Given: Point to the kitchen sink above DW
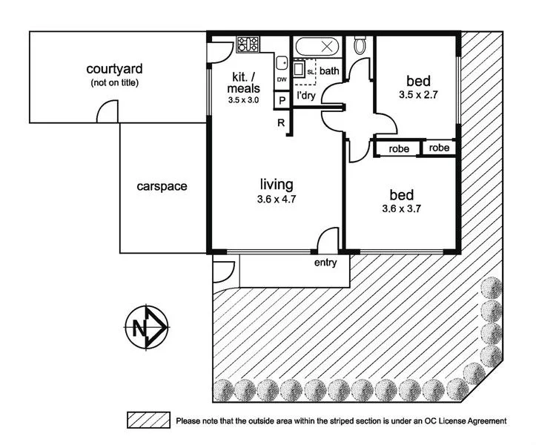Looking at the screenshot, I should (282, 65).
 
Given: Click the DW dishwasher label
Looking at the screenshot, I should (282, 79).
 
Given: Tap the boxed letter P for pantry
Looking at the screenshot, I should (282, 100).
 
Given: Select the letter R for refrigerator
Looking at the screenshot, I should (282, 123).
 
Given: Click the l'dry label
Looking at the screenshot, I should (306, 96).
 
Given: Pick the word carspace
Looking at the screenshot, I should (162, 186).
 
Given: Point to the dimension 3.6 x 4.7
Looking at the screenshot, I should (276, 198).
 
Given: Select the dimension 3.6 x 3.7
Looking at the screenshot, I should (401, 209).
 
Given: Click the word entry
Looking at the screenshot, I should (325, 263).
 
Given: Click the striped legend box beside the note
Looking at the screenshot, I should (148, 421).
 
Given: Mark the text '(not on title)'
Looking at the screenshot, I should (114, 82).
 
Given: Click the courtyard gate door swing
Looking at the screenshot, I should (108, 113).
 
